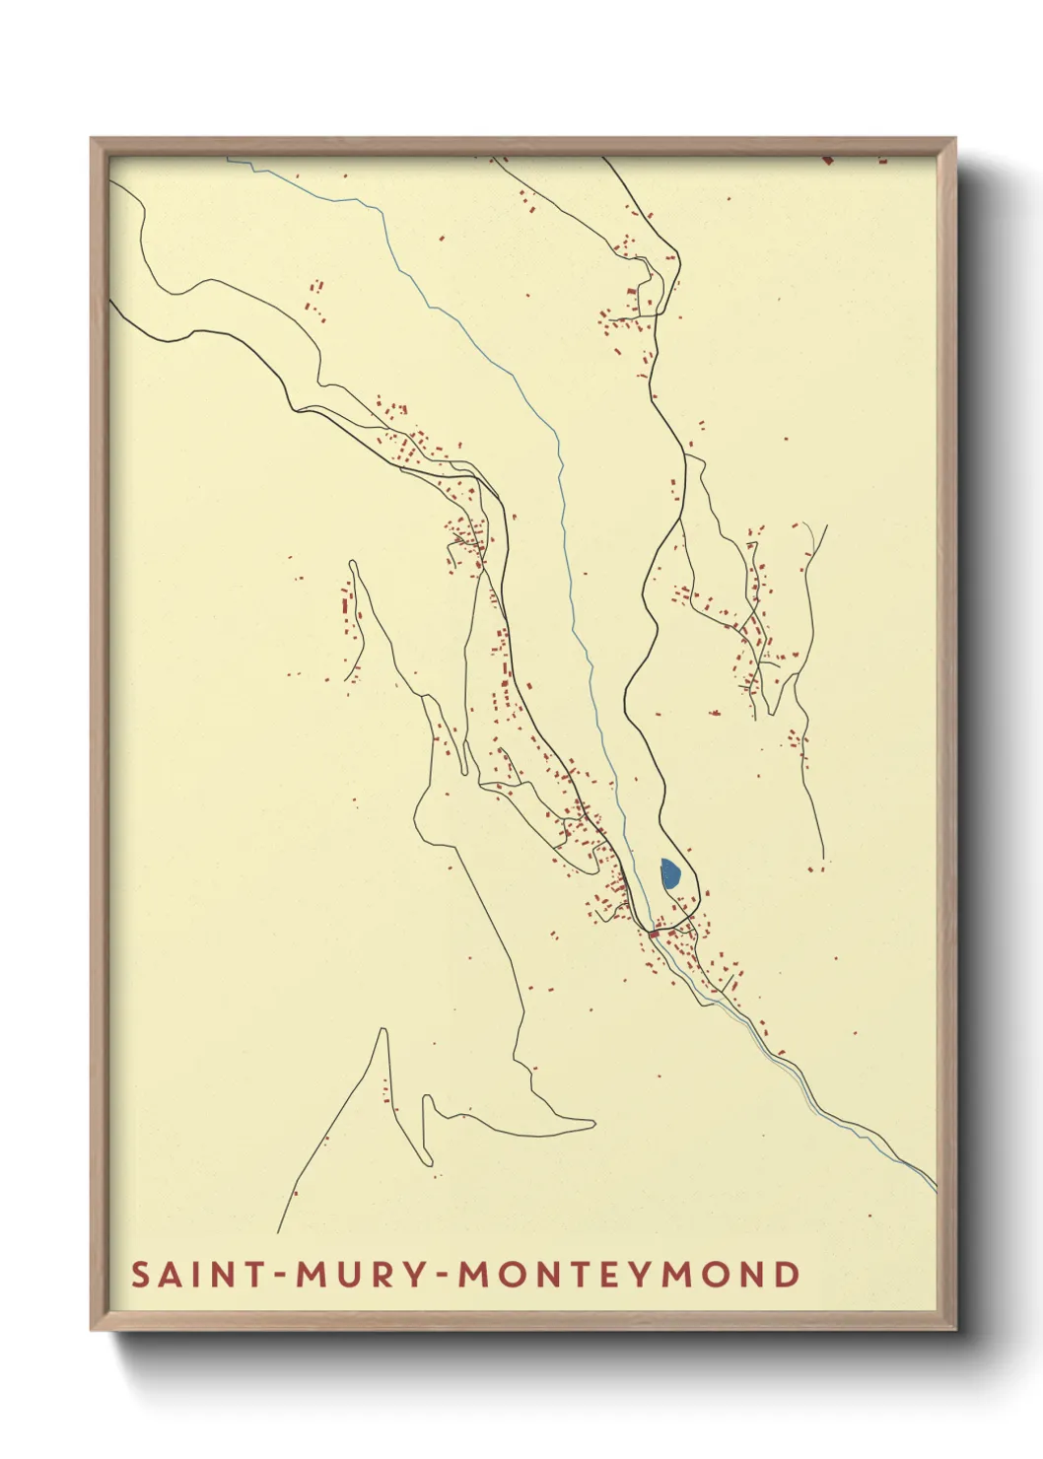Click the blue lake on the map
[669, 873]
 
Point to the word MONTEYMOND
[629, 1275]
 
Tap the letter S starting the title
[141, 1275]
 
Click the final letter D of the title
[787, 1275]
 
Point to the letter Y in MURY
[413, 1275]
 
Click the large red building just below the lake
[653, 933]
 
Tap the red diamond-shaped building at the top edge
[828, 158]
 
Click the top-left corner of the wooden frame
[93, 140]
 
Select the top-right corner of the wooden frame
[954, 140]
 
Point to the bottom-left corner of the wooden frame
[93, 1329]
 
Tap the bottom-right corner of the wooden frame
[954, 1329]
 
